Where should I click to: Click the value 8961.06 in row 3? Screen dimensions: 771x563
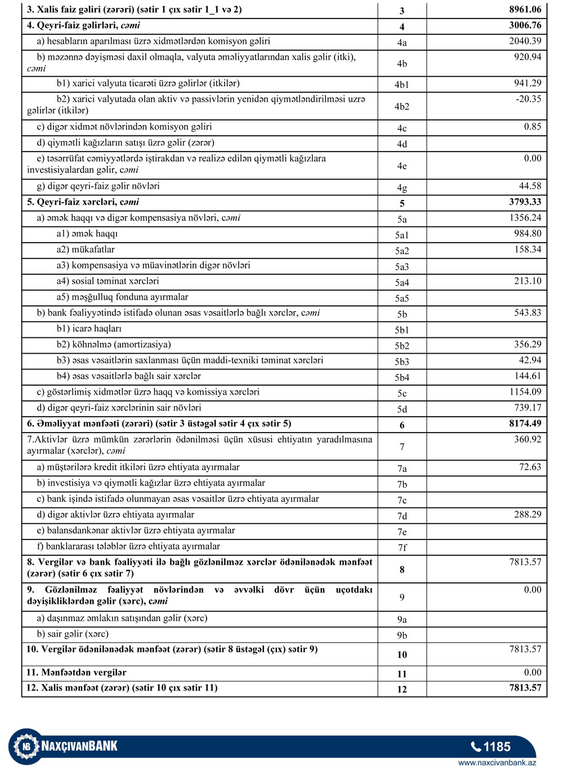coord(525,10)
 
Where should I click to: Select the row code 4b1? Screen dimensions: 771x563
coord(401,85)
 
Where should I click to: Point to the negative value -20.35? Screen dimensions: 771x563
coord(527,99)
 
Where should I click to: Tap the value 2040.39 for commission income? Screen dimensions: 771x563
coord(525,41)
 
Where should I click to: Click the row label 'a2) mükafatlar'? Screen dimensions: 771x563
coord(86,249)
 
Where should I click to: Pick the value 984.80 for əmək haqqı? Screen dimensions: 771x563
coord(528,234)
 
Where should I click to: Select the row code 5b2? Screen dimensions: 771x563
coord(401,346)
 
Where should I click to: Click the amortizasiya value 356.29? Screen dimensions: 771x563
coord(528,344)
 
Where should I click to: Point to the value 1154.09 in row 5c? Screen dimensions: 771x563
coord(525,392)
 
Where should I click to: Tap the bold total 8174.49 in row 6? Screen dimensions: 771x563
coord(525,424)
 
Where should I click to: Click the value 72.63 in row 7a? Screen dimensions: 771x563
coord(530,467)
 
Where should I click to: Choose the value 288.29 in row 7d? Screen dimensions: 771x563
coord(528,514)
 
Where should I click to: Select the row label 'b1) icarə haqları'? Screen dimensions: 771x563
coord(89,328)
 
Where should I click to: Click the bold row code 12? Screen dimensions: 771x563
coord(401,689)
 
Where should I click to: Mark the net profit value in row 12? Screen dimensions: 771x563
coord(525,688)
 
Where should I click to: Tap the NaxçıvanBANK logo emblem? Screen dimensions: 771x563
coord(25,747)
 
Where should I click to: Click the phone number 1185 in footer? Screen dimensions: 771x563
coord(496,747)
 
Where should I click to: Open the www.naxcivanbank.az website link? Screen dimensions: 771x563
coord(497,763)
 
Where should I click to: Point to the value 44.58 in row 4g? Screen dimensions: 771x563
coord(530,186)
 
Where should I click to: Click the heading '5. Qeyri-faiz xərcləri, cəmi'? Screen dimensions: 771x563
coord(83,202)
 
